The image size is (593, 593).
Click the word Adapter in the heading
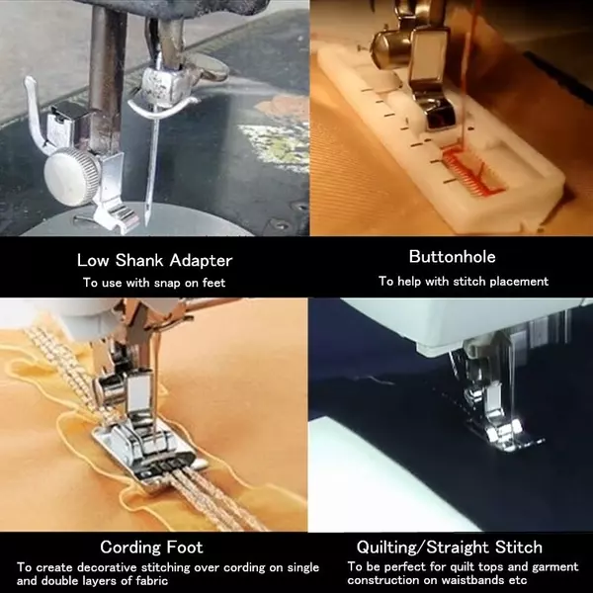coord(201,261)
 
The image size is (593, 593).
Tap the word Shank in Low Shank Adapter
coord(139,260)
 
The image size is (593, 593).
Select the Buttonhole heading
coord(452,257)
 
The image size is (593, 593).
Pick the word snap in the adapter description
coord(168,284)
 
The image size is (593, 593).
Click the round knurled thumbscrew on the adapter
coord(71,172)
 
